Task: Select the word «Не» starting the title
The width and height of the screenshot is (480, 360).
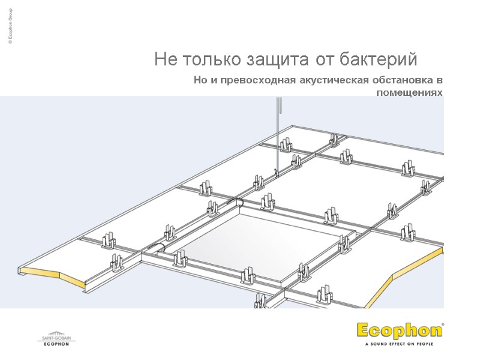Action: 164,60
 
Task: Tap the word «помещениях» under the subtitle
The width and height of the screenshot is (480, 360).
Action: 409,93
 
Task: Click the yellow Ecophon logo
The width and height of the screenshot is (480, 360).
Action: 398,331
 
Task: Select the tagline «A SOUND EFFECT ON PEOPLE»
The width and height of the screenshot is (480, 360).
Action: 399,344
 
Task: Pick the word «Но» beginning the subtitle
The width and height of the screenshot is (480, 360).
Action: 200,80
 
